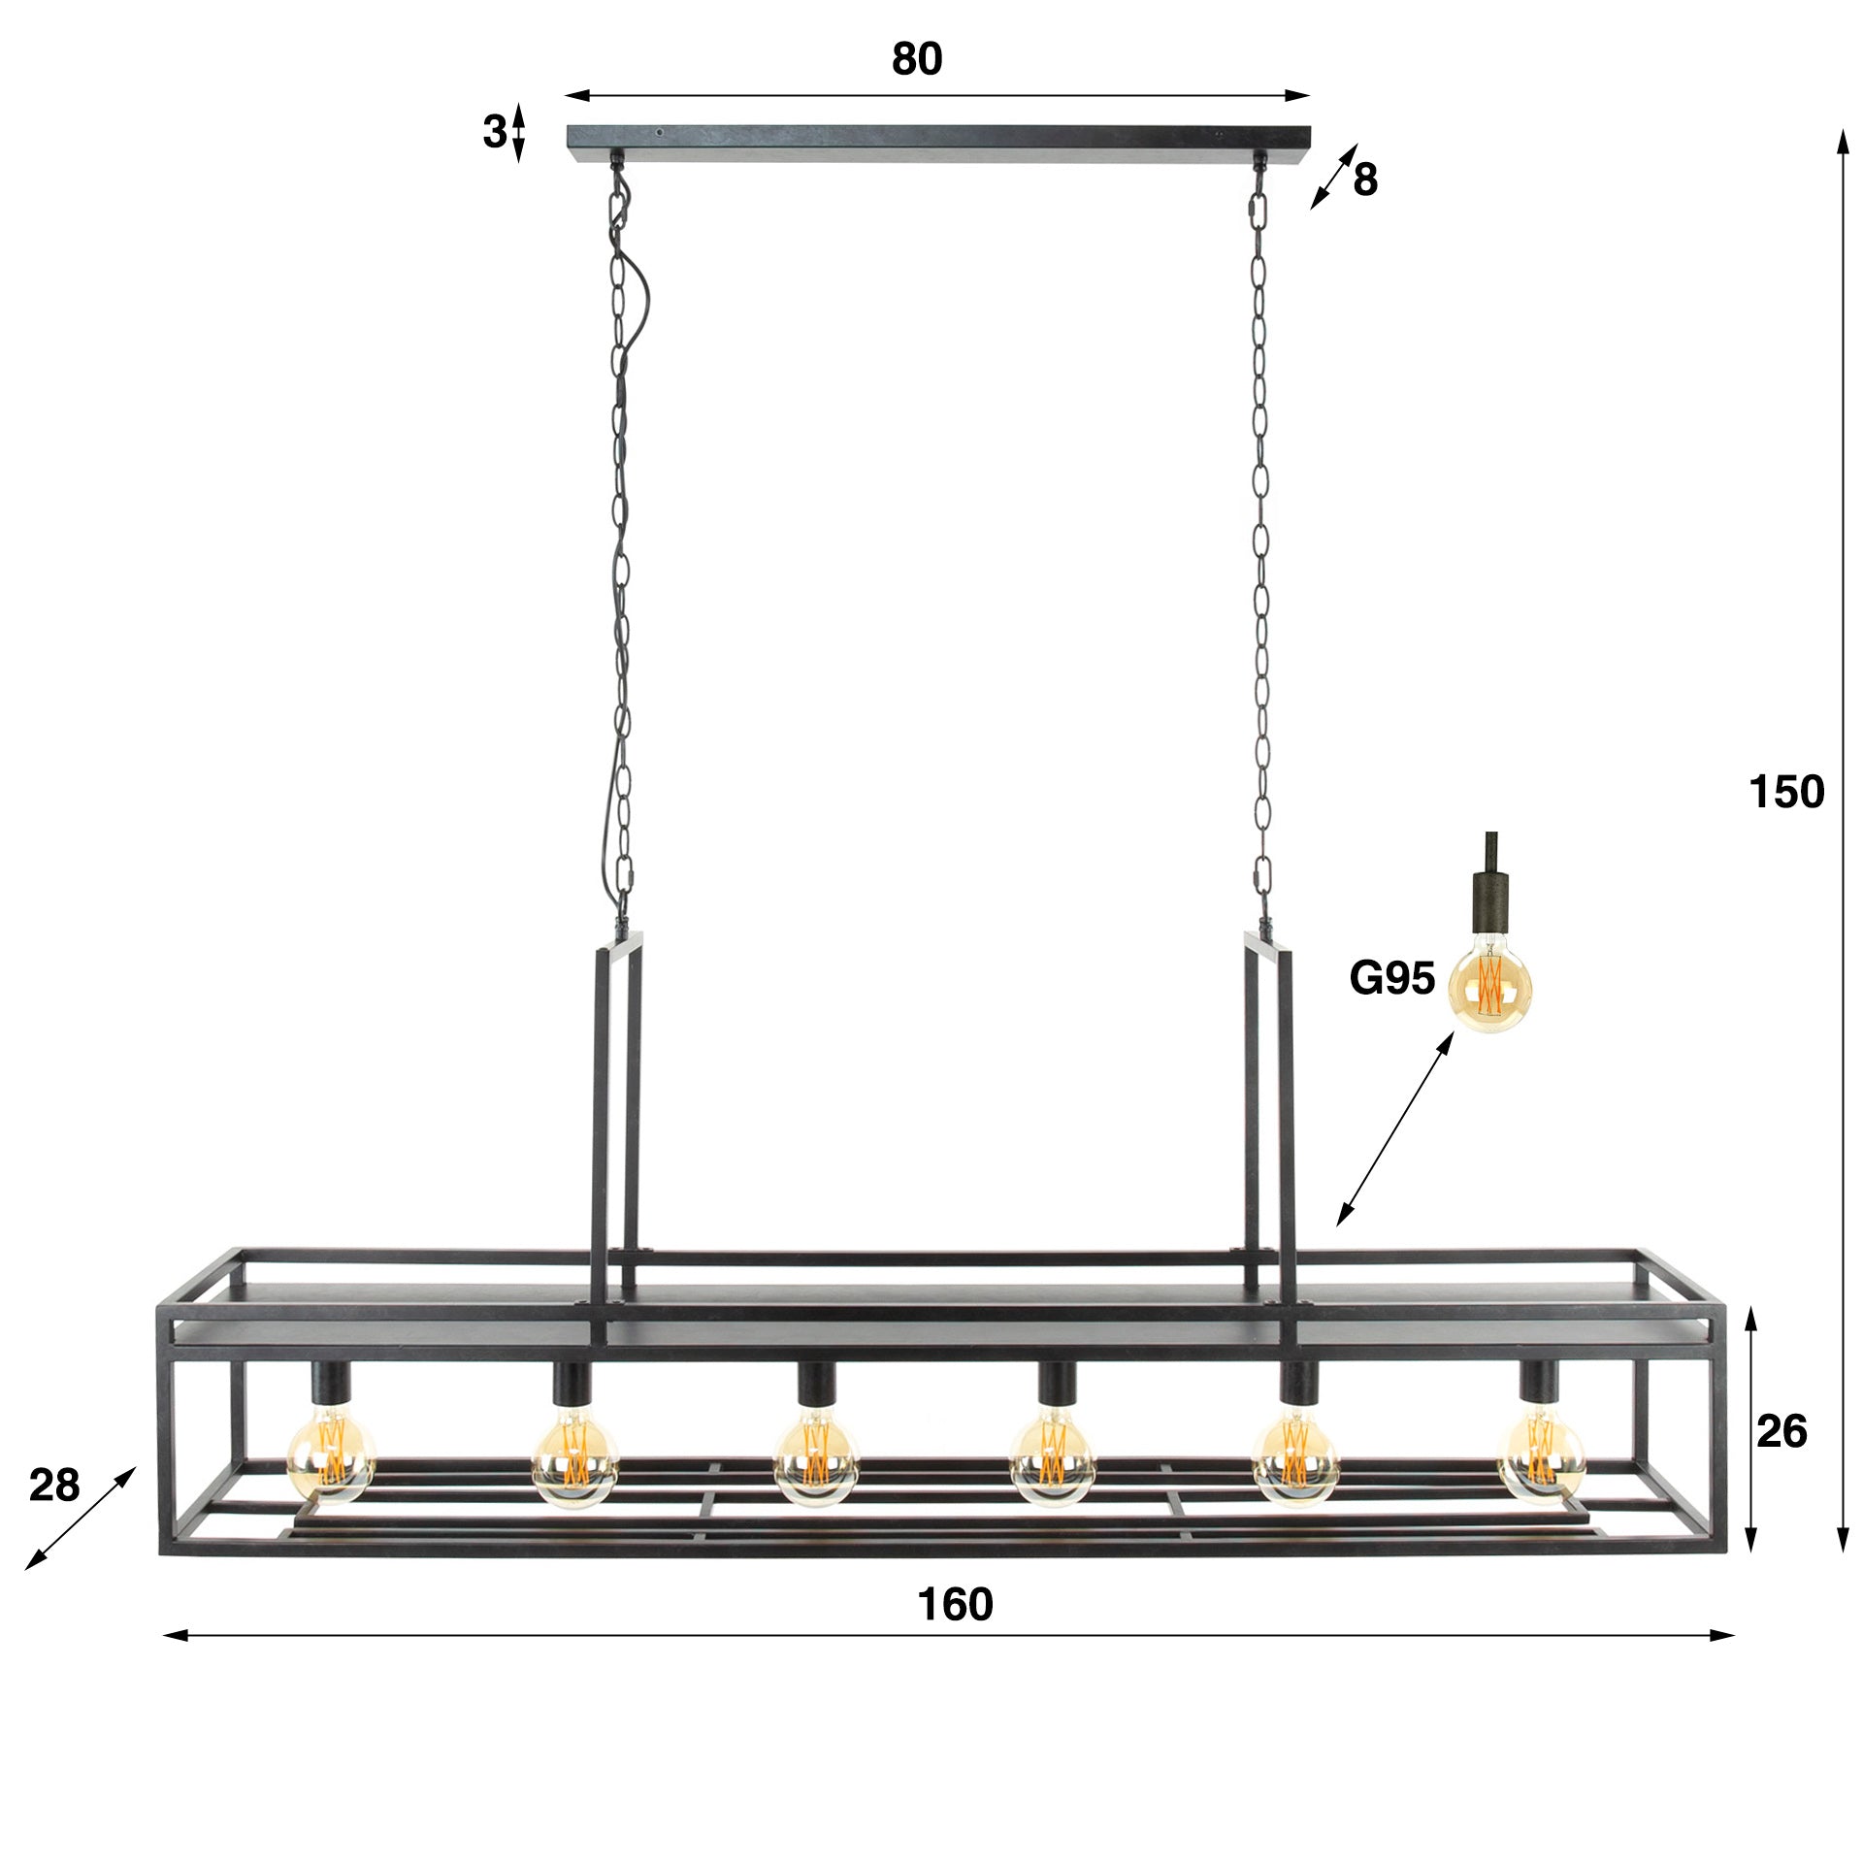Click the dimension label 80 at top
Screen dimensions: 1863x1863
916,60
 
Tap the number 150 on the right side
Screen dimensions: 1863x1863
1785,792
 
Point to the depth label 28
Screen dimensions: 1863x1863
54,1485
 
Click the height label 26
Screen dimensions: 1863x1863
1781,1431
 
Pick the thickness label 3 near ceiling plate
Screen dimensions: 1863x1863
494,132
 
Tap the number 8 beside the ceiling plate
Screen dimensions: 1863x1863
1365,180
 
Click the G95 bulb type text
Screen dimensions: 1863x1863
1391,978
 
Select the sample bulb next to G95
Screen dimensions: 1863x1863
1490,982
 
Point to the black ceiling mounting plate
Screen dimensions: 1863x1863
937,141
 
